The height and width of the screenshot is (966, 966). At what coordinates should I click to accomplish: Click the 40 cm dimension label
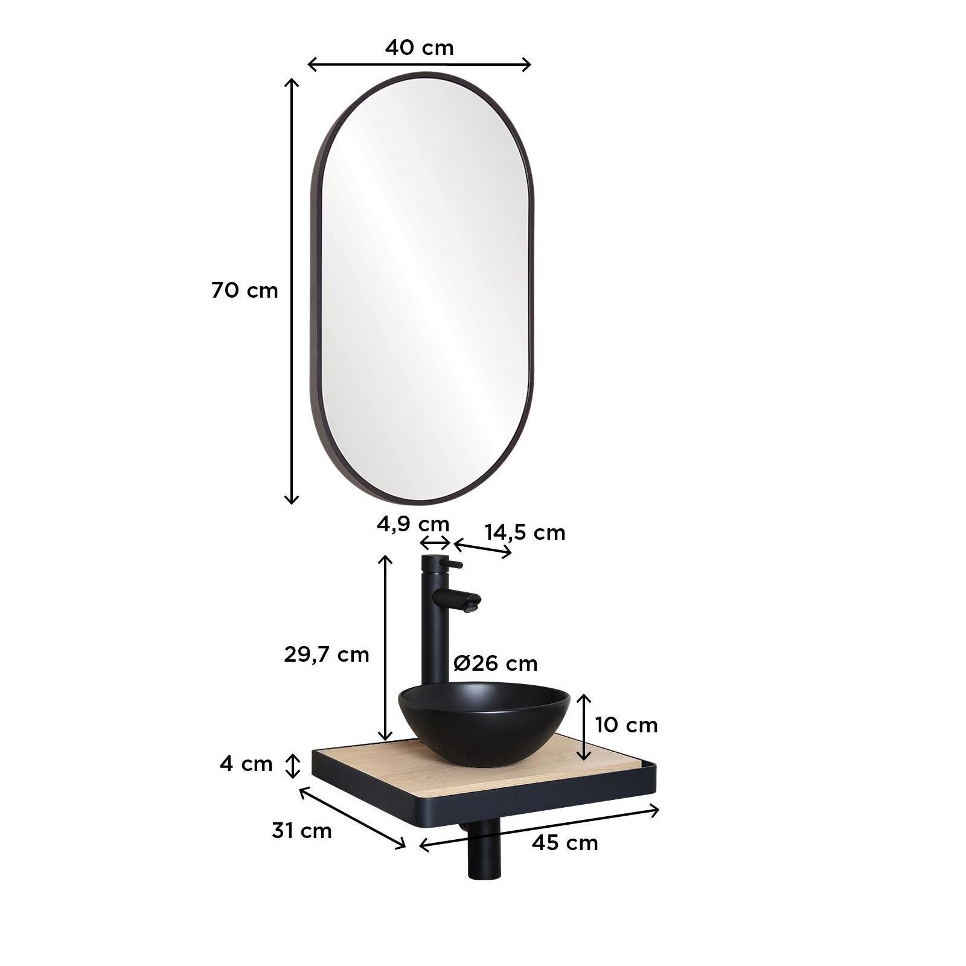pos(419,48)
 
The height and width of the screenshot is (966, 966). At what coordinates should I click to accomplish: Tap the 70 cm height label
pos(245,290)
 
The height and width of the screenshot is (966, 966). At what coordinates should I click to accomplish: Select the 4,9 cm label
pos(413,523)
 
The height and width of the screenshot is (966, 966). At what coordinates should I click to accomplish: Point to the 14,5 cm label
pos(525,533)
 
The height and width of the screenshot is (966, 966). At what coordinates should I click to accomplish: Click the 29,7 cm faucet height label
pos(326,654)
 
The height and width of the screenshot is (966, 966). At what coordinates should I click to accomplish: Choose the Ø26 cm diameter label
pos(495,664)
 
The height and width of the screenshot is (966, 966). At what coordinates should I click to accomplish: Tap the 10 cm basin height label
pos(626,724)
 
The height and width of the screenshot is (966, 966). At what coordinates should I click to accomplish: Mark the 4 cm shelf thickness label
pos(246,764)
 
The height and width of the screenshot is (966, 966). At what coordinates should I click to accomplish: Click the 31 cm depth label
pos(302,831)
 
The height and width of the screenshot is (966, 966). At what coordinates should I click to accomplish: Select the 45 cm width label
pos(565,842)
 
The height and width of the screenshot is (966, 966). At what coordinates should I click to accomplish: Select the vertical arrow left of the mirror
pos(292,290)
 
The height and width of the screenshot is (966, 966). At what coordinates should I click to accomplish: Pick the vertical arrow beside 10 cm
pos(584,727)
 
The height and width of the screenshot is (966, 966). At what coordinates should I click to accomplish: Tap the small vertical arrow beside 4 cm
pos(293,766)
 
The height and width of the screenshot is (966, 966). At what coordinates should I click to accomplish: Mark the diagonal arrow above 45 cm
pos(539,828)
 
